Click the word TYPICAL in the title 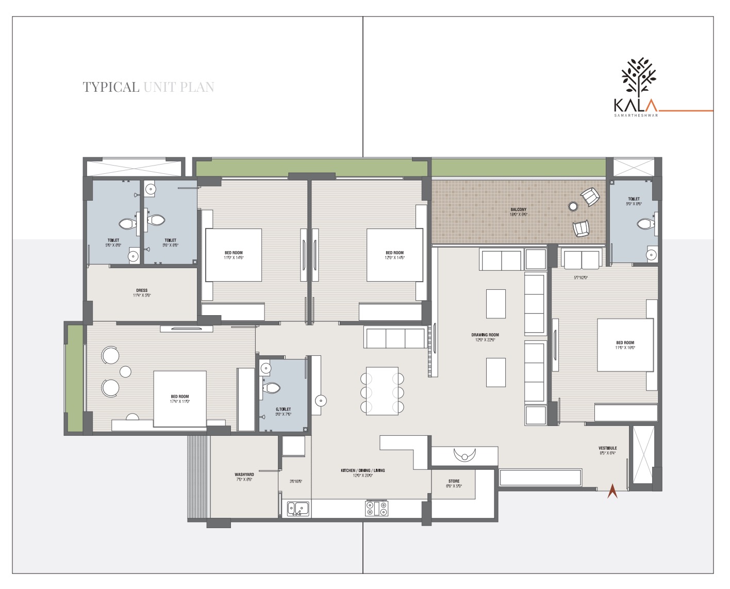(111, 87)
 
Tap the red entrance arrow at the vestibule (612, 491)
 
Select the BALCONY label (518, 210)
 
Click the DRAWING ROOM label (485, 335)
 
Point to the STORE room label (454, 481)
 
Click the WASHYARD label (244, 475)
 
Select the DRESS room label (142, 290)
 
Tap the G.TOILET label (283, 409)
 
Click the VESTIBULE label (607, 448)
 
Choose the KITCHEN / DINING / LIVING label (362, 470)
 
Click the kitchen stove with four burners (377, 509)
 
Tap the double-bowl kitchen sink (298, 509)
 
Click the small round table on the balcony (573, 207)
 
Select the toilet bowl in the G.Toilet (272, 388)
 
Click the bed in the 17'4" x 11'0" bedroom (180, 399)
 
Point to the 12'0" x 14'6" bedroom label (394, 255)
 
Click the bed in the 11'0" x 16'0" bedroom (625, 345)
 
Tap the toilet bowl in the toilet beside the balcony (644, 224)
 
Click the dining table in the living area (382, 391)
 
